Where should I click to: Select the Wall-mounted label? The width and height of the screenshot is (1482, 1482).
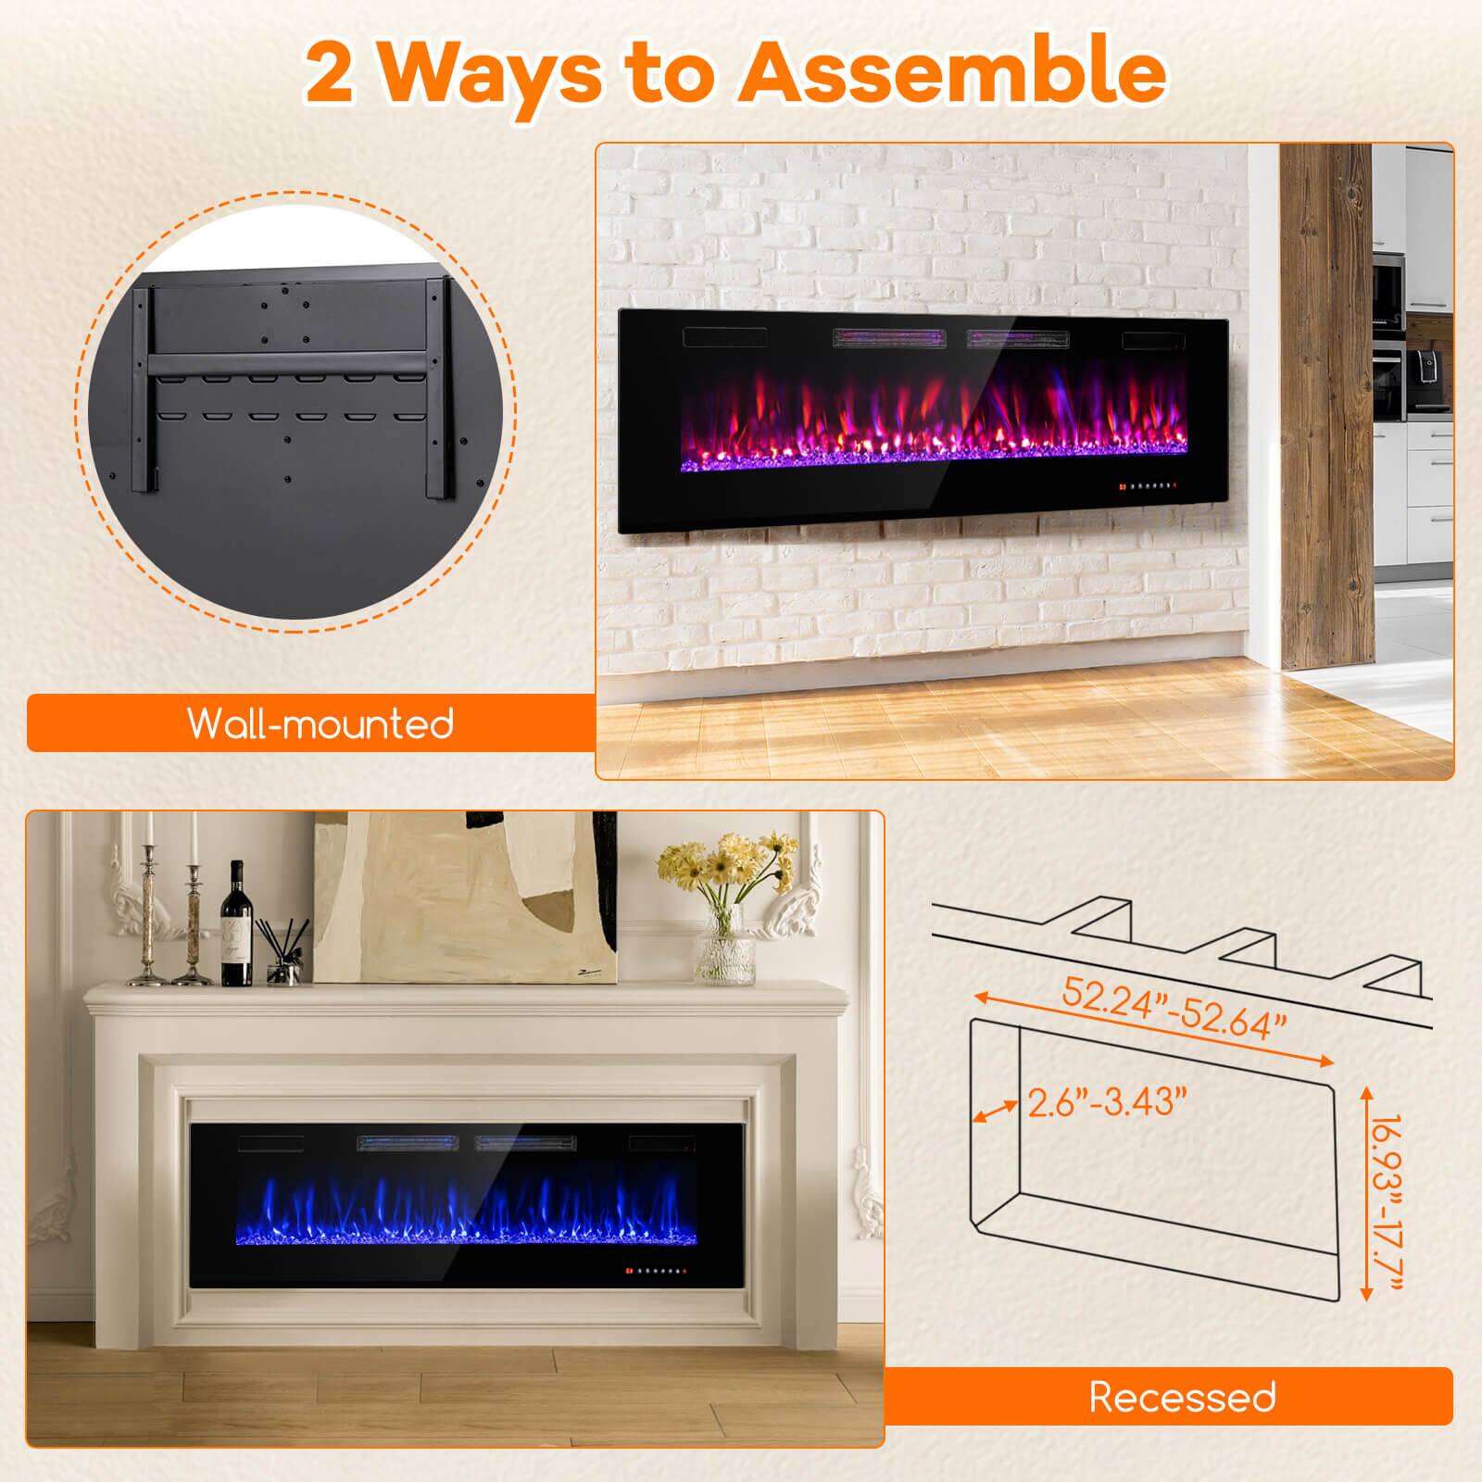coord(320,722)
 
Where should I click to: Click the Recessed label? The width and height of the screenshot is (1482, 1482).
coord(1182,1397)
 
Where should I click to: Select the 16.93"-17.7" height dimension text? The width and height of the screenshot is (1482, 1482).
coord(1389,1195)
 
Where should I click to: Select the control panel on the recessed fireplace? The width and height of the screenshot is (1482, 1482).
coord(659,1269)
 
